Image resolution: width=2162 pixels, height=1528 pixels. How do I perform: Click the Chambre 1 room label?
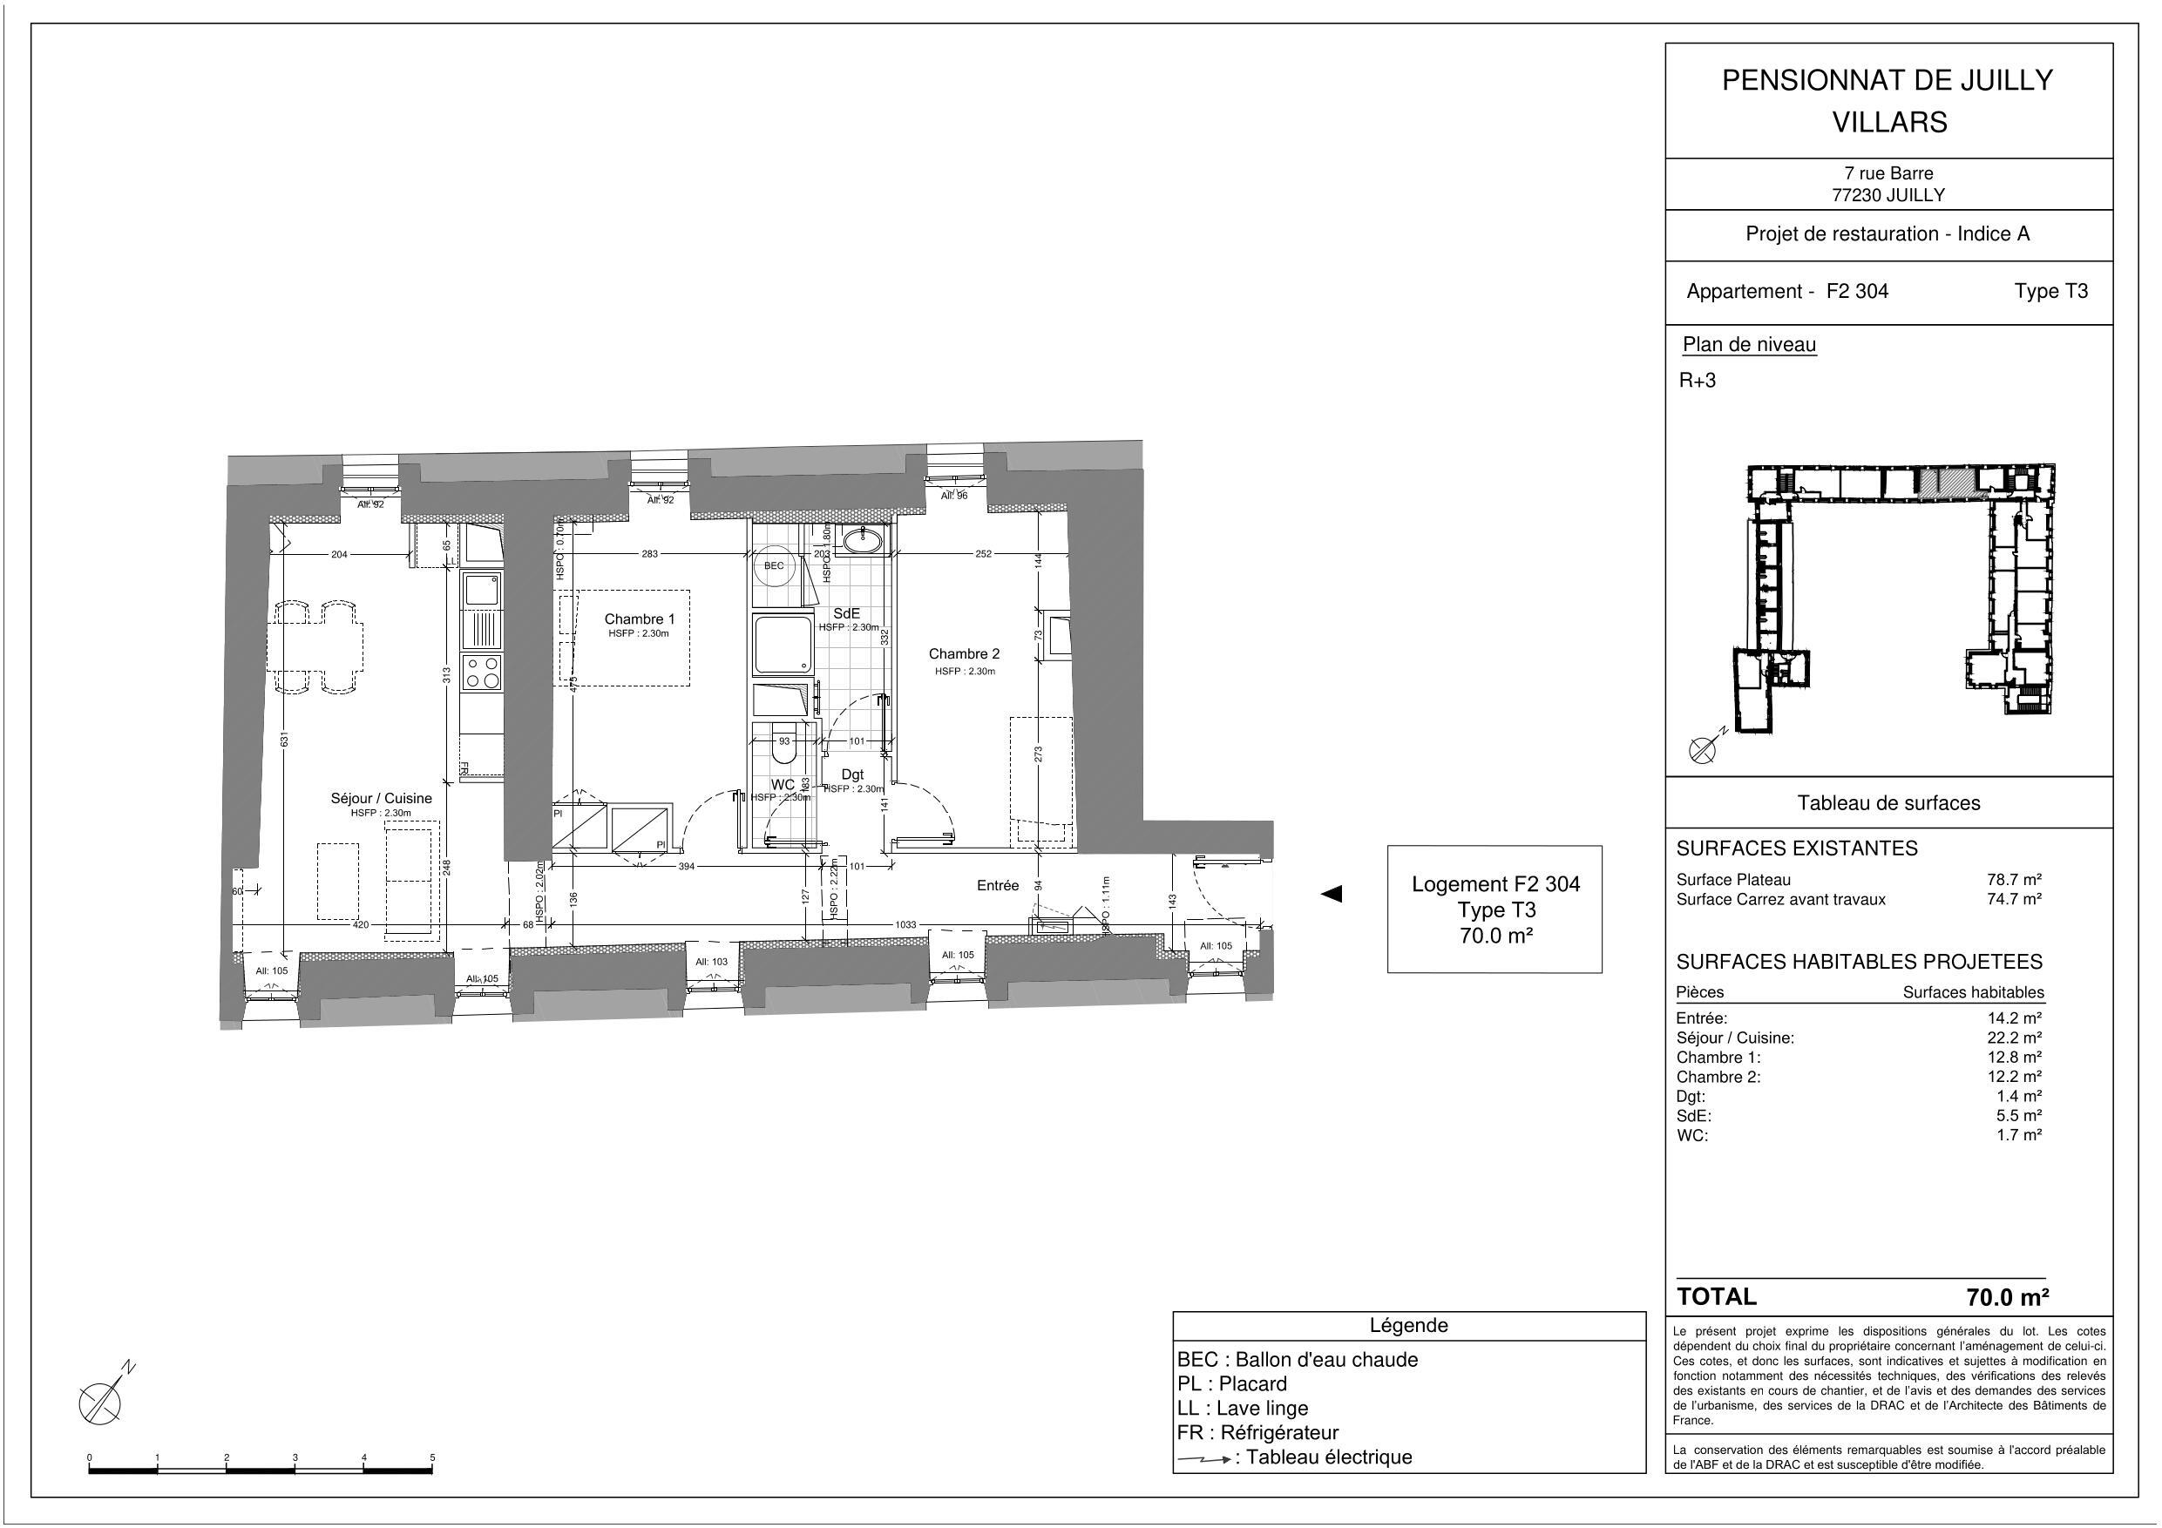(x=640, y=619)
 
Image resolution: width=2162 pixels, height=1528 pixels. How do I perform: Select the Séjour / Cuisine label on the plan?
(x=381, y=798)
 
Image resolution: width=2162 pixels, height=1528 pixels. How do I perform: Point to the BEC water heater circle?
(x=774, y=566)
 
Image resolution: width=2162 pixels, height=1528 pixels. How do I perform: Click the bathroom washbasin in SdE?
(x=862, y=541)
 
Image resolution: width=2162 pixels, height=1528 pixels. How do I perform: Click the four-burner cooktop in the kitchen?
(x=482, y=673)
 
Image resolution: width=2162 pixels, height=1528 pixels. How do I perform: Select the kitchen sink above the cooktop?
(x=482, y=591)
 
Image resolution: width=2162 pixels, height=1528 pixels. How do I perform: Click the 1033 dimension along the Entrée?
(x=905, y=924)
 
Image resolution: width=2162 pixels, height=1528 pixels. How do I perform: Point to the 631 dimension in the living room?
(x=284, y=739)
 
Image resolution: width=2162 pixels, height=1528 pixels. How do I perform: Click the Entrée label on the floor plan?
(x=997, y=885)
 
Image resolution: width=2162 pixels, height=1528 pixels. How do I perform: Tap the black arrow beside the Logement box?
(x=1332, y=894)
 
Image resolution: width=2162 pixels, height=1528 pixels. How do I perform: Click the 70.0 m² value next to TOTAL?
(x=2008, y=1296)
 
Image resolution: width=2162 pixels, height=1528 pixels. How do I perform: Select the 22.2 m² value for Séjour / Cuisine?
(x=2014, y=1038)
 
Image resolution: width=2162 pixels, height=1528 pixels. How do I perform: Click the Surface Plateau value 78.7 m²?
(x=2014, y=879)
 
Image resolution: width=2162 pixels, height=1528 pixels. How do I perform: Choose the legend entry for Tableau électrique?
(x=1295, y=1457)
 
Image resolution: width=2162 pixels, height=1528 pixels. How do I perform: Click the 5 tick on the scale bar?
(x=432, y=1457)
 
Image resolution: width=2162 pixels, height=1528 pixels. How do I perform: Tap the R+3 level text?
(x=1698, y=381)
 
